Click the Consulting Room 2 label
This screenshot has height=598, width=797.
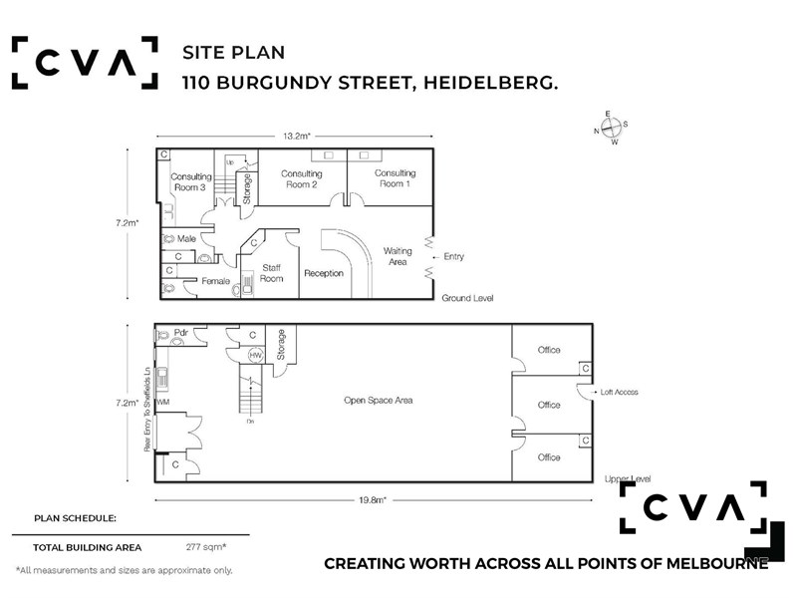tap(302, 179)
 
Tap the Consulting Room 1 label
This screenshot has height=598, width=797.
tap(395, 178)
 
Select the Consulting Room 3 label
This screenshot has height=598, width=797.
tap(190, 182)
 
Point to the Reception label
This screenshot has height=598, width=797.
tap(324, 273)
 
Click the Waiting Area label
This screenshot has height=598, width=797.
tap(398, 256)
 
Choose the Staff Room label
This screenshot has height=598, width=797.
tap(271, 273)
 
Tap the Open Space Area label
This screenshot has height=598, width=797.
tap(379, 401)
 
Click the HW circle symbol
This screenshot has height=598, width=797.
tap(256, 355)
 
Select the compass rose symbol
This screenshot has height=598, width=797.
tap(611, 128)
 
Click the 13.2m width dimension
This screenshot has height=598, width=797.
tap(297, 136)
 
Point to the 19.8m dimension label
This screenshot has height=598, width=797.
tap(373, 500)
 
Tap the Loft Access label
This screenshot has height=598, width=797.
tap(619, 392)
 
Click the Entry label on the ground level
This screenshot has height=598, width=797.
tap(453, 256)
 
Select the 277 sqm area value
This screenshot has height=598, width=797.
tap(206, 547)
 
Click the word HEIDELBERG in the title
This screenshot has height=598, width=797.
tap(490, 83)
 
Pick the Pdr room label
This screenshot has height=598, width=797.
tap(181, 333)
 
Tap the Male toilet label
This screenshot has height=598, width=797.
tap(186, 238)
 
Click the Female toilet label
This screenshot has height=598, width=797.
tap(215, 281)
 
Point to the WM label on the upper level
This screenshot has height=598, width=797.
tap(163, 403)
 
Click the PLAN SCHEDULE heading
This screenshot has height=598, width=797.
tap(76, 518)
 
